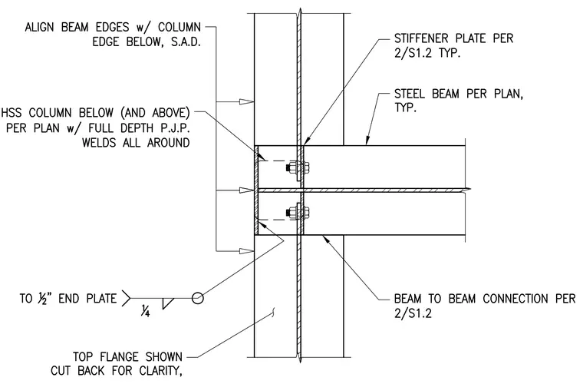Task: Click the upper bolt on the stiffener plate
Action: click(298, 168)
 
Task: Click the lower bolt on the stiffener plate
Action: click(298, 213)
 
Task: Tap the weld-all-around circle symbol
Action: click(198, 298)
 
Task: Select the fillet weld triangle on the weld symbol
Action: click(168, 303)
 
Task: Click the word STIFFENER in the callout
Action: click(423, 38)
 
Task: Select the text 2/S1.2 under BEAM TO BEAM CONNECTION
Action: click(413, 313)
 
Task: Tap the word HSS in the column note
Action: click(12, 113)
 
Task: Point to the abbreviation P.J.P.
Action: click(175, 128)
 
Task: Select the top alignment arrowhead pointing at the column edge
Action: click(246, 101)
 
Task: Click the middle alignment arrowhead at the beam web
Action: click(246, 190)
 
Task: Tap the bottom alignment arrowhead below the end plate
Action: click(246, 251)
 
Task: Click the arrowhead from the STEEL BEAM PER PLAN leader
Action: click(367, 139)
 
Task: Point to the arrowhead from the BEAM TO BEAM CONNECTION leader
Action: click(328, 240)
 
